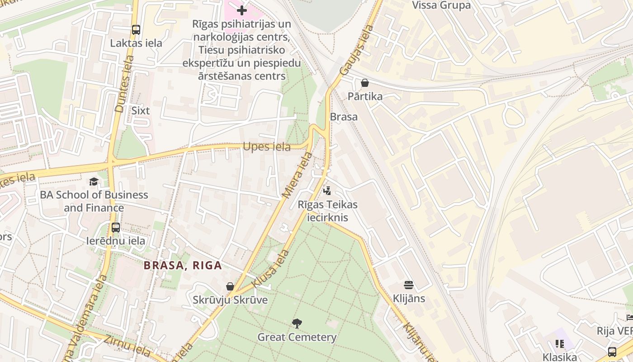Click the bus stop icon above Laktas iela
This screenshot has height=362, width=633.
[136, 30]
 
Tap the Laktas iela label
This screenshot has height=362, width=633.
[136, 43]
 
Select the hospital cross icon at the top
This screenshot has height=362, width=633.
[242, 10]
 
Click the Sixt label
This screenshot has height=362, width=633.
[140, 110]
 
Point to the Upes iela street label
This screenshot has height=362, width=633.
[266, 147]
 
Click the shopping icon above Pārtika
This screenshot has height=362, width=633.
[365, 83]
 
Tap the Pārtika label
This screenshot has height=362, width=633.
[365, 96]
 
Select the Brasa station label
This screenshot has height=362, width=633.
[344, 117]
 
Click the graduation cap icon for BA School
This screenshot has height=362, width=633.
[94, 181]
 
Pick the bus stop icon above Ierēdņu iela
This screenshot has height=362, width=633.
[116, 227]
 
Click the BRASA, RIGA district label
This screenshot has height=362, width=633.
[183, 265]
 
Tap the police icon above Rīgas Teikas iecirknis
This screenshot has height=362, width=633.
[327, 191]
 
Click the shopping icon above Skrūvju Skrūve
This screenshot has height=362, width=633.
[230, 286]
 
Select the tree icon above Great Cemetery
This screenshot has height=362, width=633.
[297, 324]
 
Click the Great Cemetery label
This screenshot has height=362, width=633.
[297, 337]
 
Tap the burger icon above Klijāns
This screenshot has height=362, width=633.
[409, 285]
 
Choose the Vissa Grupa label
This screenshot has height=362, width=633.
[441, 5]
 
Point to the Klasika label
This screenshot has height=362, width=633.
[560, 357]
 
